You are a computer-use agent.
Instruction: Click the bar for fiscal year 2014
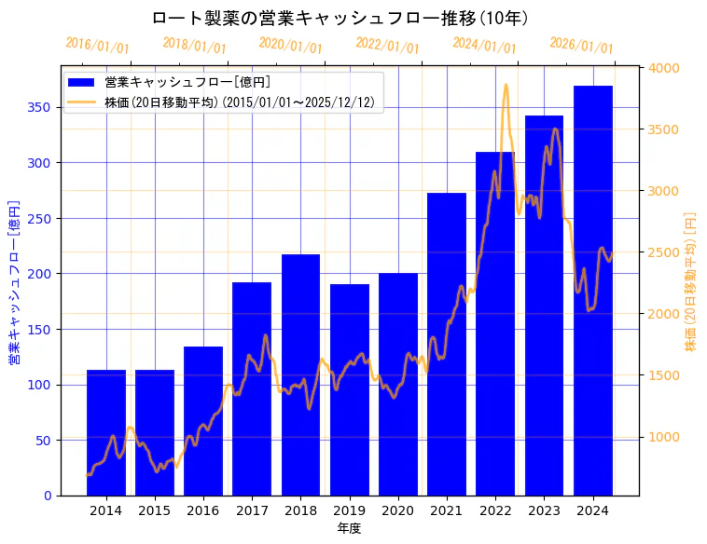[x=106, y=432]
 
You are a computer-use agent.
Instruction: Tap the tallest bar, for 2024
[x=593, y=290]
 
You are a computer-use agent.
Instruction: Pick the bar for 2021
[x=447, y=344]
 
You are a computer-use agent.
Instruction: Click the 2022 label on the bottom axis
[x=495, y=510]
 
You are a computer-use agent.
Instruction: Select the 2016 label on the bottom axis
[x=203, y=510]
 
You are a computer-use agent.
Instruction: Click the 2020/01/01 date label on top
[x=290, y=45]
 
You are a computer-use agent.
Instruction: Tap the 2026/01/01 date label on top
[x=581, y=45]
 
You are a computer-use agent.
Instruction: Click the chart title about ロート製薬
[x=340, y=18]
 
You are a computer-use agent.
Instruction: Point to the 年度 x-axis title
[x=349, y=528]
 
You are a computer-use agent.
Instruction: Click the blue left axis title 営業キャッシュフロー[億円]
[x=14, y=280]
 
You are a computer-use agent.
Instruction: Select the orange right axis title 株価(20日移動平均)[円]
[x=690, y=280]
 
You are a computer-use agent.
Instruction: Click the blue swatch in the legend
[x=84, y=82]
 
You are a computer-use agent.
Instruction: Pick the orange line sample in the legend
[x=84, y=102]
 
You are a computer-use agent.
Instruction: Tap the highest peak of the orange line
[x=506, y=85]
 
